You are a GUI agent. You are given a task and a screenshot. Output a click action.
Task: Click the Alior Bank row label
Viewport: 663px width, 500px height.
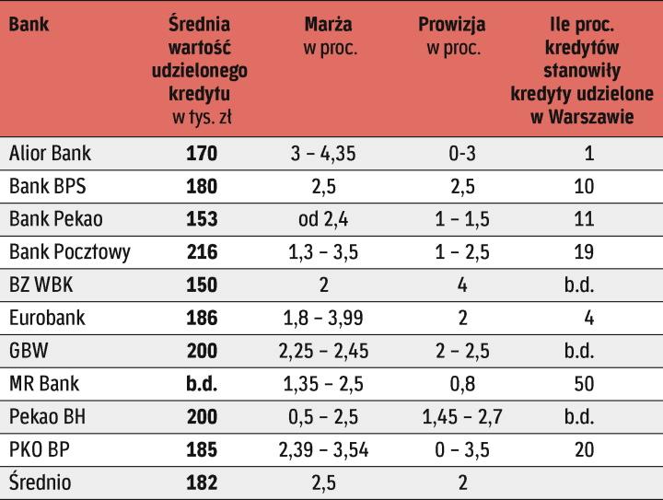click(x=51, y=153)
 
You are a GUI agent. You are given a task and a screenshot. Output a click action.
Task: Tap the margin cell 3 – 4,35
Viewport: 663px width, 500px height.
click(x=324, y=153)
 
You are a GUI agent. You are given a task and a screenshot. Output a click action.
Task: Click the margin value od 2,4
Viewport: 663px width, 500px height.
click(x=324, y=219)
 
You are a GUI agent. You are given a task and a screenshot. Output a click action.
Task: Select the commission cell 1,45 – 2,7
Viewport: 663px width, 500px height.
click(x=462, y=416)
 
